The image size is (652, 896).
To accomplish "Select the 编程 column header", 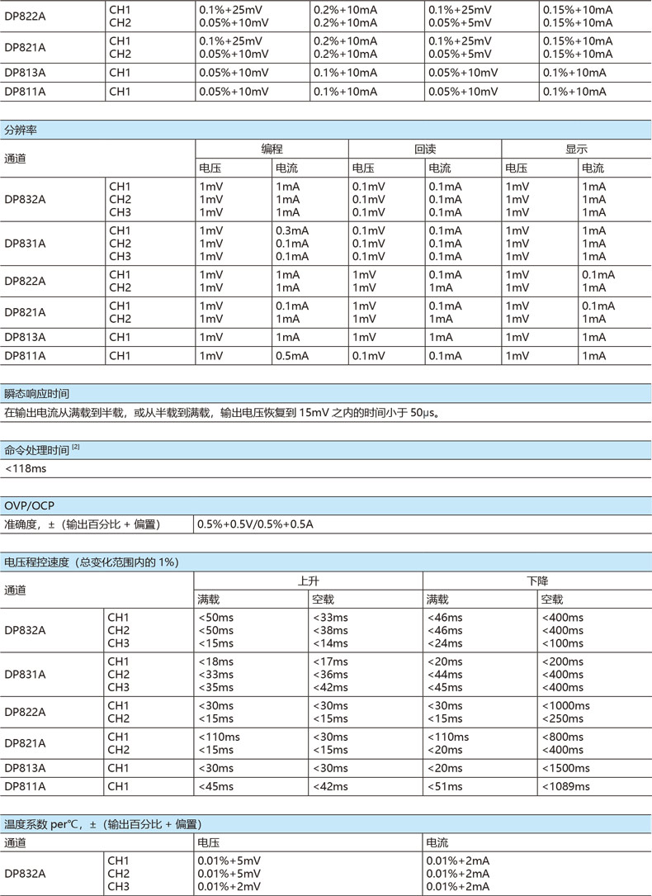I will click(272, 149).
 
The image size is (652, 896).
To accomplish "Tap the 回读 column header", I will click(425, 149).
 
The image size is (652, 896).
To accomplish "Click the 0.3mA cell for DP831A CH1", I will click(291, 230).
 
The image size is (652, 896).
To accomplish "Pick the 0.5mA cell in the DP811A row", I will click(291, 356).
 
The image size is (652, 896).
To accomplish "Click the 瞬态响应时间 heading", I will click(36, 394).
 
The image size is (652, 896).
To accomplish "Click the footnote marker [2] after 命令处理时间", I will click(76, 447).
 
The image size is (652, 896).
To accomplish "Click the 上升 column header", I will click(309, 581).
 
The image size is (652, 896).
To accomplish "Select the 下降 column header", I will click(537, 581).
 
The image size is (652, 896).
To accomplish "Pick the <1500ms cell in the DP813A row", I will click(565, 768).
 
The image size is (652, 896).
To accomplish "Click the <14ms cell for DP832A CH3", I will click(329, 643).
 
